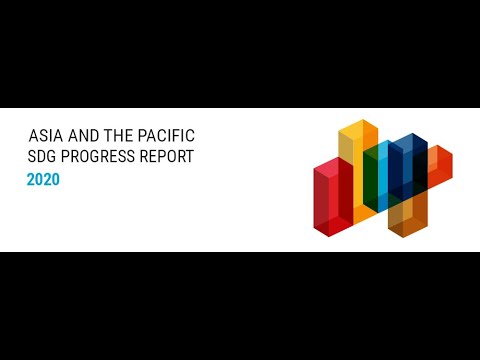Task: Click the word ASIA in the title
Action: coord(43,134)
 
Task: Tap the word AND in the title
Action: coord(82,134)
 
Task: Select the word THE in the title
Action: coord(118,134)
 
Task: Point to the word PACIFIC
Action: coord(166,134)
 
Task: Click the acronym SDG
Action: coord(43,156)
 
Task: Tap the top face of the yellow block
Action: coord(357,127)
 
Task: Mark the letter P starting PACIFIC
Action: coord(141,134)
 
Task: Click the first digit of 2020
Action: coord(31,180)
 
